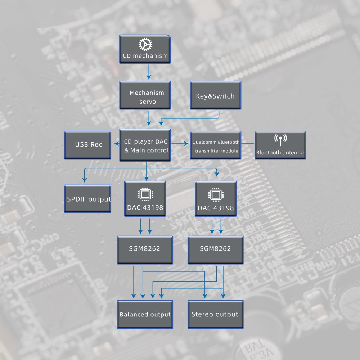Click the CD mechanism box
(x=145, y=49)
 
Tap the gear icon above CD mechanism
(x=145, y=44)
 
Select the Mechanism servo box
(x=147, y=95)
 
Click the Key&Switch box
(x=215, y=95)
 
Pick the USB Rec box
(x=87, y=145)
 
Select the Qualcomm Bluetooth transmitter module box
(x=215, y=145)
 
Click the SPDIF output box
(x=87, y=198)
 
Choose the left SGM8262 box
(x=145, y=249)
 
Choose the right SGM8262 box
(x=215, y=249)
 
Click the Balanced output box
(x=145, y=314)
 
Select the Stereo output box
(x=215, y=314)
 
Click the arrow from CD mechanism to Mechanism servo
(x=148, y=72)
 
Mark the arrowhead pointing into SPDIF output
(x=85, y=179)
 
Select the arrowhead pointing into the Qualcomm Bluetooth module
(x=186, y=144)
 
